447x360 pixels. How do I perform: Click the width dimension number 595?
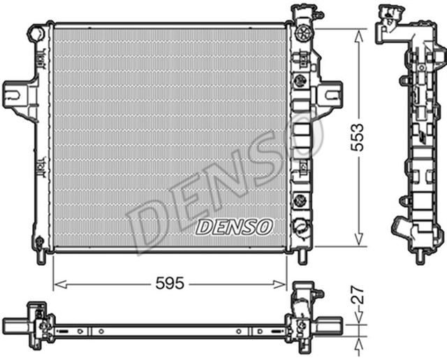[x=170, y=283]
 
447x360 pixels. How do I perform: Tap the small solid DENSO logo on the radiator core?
[x=235, y=226]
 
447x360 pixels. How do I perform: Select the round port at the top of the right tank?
[x=302, y=33]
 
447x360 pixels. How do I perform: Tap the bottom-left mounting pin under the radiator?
[x=41, y=256]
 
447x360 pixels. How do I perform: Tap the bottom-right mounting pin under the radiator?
[x=302, y=256]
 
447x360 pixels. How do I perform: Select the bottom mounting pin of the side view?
[x=419, y=257]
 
